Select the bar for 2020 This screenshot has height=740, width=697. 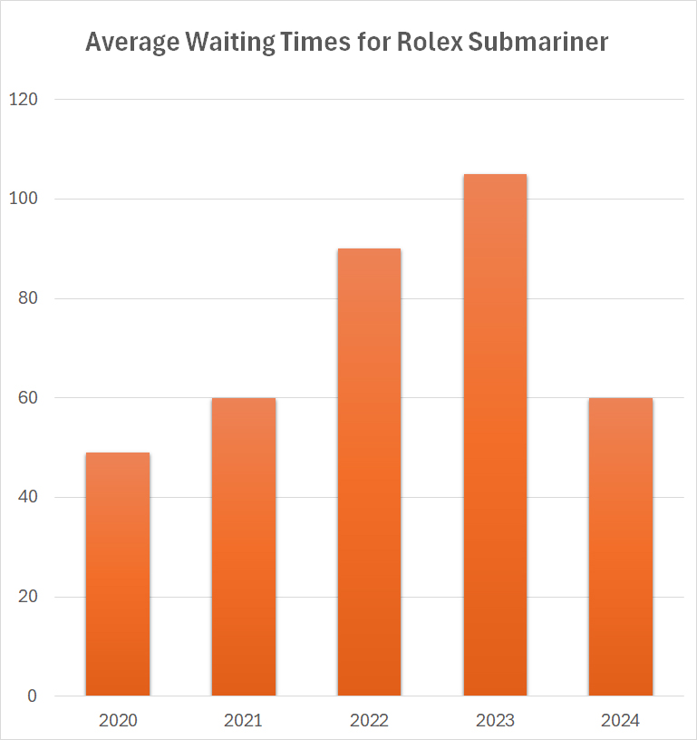tap(118, 574)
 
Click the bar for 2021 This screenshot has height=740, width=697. tap(243, 547)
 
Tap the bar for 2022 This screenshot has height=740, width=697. tap(369, 472)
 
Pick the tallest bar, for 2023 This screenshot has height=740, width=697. tap(495, 435)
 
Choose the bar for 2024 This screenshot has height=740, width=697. tap(621, 547)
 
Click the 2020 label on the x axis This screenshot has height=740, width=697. tap(118, 721)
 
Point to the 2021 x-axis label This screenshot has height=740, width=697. tap(243, 721)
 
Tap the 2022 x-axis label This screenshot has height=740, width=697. tap(369, 721)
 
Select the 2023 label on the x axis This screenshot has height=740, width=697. tap(495, 721)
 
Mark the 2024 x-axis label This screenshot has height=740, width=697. tap(621, 721)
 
